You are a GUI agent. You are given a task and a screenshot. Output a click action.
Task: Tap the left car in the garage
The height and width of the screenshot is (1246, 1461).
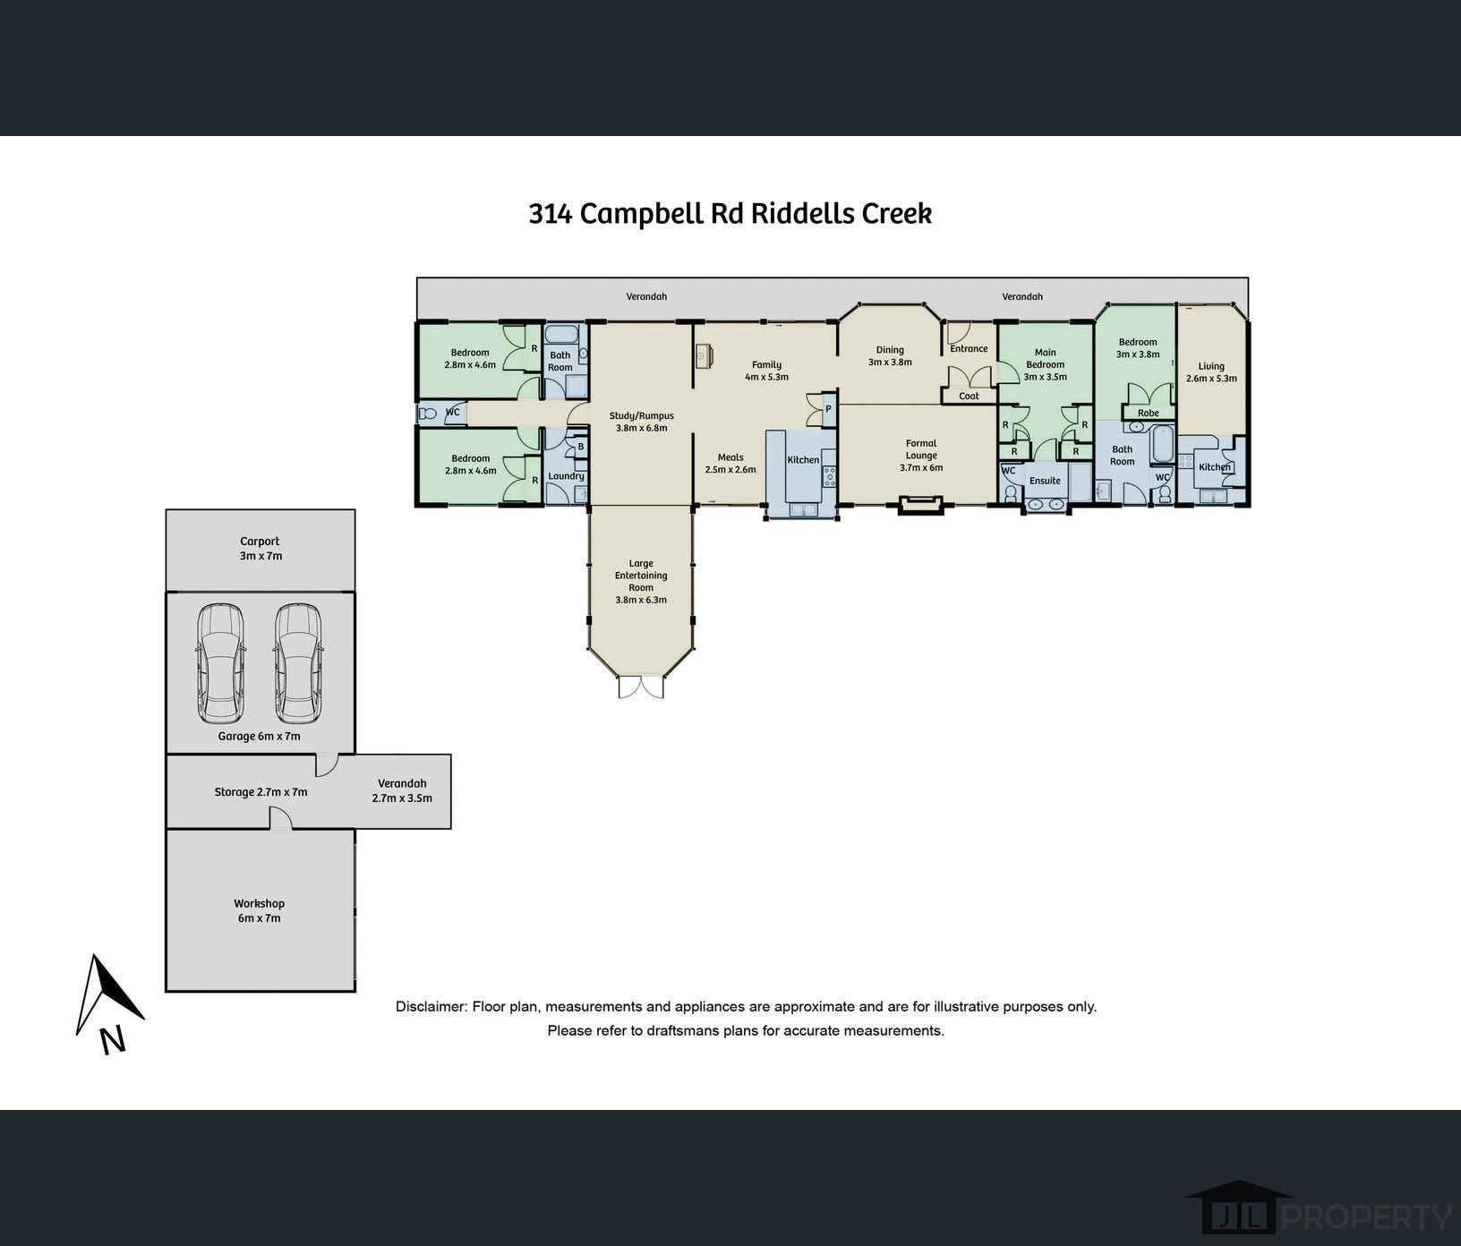coord(220,664)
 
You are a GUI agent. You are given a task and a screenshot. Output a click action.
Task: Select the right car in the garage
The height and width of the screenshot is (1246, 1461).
coord(298,664)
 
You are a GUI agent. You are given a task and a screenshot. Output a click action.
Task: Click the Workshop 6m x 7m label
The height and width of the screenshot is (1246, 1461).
coord(260,910)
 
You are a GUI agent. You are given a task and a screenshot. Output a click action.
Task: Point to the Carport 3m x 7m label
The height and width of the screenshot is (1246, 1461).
coord(261,548)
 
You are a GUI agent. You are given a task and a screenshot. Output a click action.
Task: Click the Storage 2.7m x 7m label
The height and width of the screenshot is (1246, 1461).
coord(261,792)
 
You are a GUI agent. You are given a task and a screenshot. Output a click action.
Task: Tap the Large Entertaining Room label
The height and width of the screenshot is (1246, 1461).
coord(641,582)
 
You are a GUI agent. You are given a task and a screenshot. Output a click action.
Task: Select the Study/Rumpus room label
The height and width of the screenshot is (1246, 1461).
coord(642,422)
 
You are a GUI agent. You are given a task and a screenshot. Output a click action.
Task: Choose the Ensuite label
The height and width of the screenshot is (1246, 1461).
coord(1045,481)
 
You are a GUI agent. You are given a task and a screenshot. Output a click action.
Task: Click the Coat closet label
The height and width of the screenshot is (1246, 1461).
coord(969,396)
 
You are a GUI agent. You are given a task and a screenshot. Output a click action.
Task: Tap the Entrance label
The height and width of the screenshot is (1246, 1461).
coord(969,349)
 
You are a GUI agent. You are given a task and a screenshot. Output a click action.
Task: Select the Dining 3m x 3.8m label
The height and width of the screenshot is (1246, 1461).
coord(890,356)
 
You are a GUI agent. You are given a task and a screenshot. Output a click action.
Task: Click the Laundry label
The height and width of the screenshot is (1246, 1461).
coord(566,476)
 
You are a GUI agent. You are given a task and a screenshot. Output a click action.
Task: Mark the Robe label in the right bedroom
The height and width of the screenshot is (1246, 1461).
coord(1148,414)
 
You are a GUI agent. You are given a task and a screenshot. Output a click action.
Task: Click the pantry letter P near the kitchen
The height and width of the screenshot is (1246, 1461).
coord(828,409)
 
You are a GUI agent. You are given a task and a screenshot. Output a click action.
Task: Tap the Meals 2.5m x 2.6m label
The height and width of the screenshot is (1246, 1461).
coord(730,463)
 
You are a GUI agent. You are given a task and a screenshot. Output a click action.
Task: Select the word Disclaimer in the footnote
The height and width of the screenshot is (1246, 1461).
coord(431,1006)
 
